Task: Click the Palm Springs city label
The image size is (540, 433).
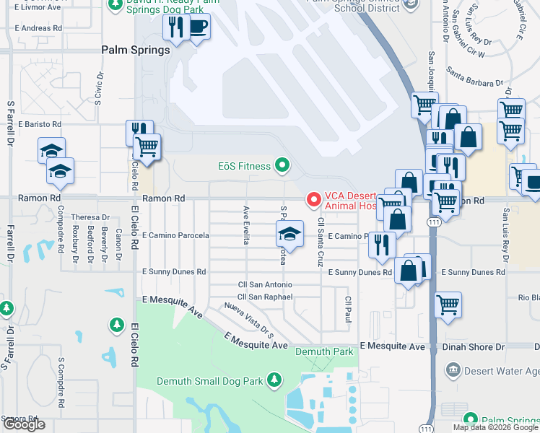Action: point(136,51)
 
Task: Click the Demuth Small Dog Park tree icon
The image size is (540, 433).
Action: point(273,380)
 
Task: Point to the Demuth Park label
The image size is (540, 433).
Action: point(324,351)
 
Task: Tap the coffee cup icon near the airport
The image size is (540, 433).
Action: point(199,28)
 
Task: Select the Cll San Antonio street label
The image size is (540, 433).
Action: point(265,285)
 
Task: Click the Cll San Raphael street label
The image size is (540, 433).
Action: point(265,297)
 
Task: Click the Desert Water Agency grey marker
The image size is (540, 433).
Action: point(453,370)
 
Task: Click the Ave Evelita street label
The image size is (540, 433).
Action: point(246,224)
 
